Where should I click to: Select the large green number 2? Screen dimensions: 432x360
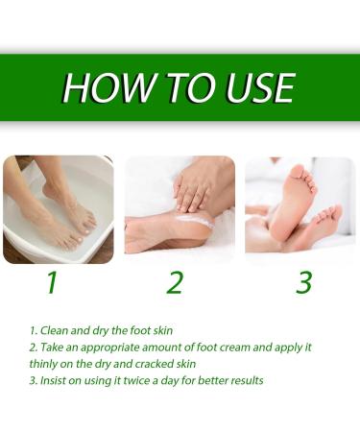point(175,283)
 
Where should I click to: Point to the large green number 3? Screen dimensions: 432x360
point(304,283)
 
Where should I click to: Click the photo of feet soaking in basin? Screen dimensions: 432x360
point(58,209)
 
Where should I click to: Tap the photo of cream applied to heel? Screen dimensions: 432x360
point(180,209)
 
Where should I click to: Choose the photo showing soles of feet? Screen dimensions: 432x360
point(300,209)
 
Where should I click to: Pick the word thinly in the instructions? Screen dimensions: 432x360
point(45,364)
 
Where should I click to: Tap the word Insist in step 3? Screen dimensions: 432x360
point(54,380)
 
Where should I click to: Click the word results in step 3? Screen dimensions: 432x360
point(244,380)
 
